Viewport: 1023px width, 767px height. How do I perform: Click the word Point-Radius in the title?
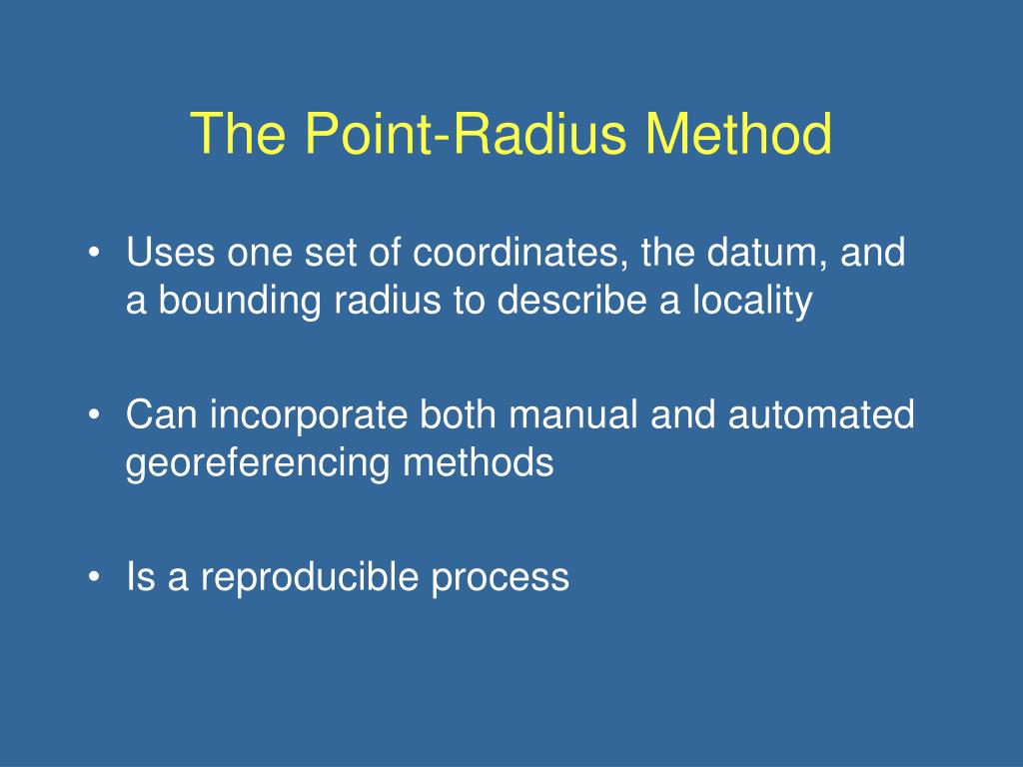click(466, 133)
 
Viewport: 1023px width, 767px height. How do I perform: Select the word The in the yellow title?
click(238, 133)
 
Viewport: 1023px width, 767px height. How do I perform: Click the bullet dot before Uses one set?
click(95, 253)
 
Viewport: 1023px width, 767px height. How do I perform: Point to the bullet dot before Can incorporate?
click(95, 414)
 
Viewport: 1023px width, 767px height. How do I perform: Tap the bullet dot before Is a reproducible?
click(95, 577)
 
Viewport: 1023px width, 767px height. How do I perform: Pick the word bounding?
click(240, 301)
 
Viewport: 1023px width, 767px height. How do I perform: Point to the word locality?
click(752, 301)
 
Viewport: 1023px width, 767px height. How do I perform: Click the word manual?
click(572, 414)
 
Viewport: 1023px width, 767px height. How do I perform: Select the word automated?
click(821, 414)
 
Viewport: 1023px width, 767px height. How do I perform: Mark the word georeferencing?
click(258, 463)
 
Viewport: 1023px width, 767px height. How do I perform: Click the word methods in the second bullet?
click(479, 463)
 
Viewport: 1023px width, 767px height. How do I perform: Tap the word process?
click(501, 577)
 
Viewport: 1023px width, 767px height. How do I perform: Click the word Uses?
click(170, 253)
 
